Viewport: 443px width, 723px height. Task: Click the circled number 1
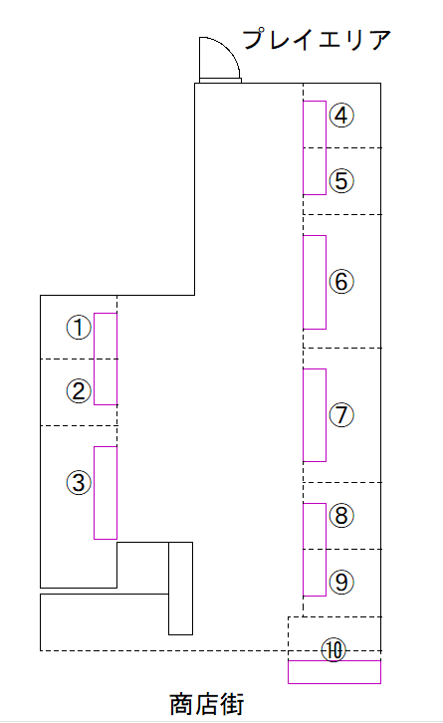[x=79, y=328]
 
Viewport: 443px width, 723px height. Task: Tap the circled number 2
[x=79, y=391]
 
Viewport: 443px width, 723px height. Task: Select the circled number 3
[x=79, y=483]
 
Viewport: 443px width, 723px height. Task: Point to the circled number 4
[x=341, y=116]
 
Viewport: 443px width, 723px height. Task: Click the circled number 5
[x=341, y=180]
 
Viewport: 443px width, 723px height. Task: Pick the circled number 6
[x=341, y=281]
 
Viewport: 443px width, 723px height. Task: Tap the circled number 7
[x=341, y=414]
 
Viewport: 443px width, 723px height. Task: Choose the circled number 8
[x=341, y=515]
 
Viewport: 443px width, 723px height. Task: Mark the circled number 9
[x=341, y=582]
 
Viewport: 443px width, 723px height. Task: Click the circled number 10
[x=333, y=650]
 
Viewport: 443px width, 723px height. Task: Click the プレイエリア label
[x=317, y=39]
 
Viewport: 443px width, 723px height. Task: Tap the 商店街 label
[x=207, y=704]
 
